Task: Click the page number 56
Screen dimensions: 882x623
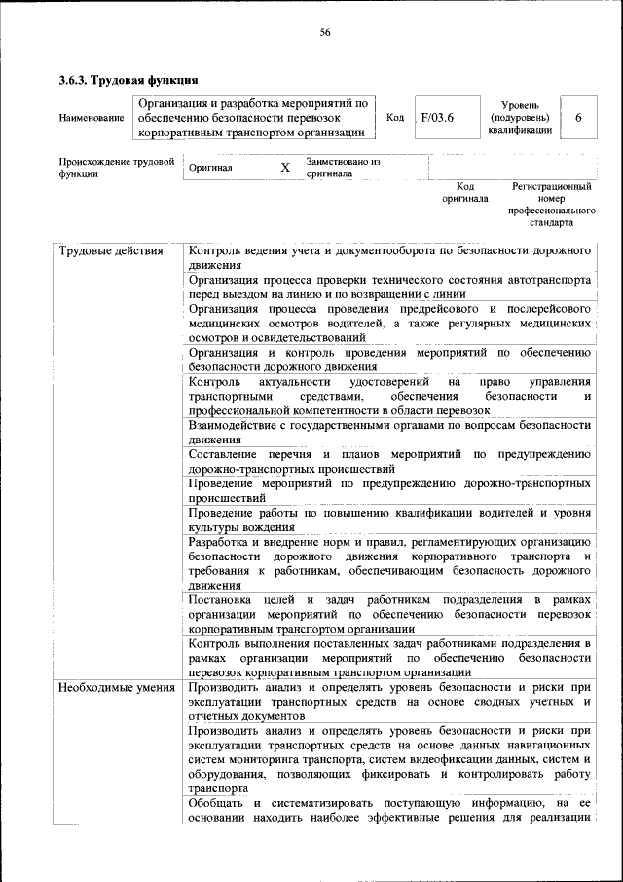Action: (326, 33)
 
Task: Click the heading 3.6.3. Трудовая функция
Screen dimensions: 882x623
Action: (128, 79)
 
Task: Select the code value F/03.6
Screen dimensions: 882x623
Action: (437, 118)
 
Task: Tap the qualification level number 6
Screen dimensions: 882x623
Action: (578, 118)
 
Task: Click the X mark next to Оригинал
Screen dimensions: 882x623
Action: (285, 167)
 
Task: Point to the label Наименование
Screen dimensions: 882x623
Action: (92, 119)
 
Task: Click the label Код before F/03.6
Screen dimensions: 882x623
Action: (395, 118)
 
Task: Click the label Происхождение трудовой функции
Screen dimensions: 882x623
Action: (116, 167)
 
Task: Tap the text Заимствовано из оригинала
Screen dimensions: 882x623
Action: (343, 167)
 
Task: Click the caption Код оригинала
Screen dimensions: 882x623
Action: (465, 192)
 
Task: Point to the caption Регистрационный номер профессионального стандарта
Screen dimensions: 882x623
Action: (552, 204)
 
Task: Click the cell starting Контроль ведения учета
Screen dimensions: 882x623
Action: (389, 257)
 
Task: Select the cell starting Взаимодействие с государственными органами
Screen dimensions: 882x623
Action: (389, 432)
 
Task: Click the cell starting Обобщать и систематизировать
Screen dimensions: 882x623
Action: (389, 809)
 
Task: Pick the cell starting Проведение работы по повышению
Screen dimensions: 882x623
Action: (389, 518)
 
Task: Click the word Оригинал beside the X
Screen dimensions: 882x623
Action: (210, 167)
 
